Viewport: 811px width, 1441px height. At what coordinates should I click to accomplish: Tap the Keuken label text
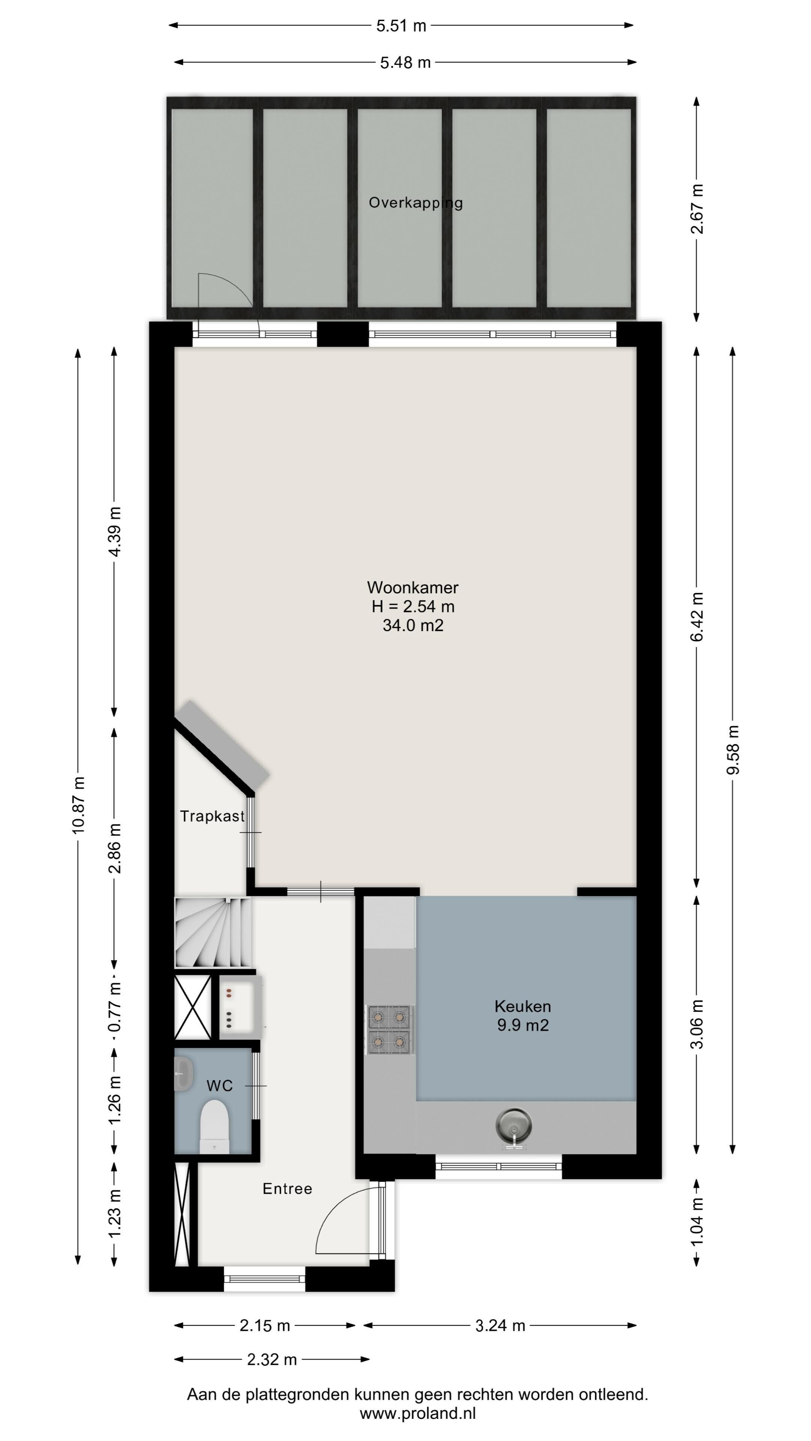523,1006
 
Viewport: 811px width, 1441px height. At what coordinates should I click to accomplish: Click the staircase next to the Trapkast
213,933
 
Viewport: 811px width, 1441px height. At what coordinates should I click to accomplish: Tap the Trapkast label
212,816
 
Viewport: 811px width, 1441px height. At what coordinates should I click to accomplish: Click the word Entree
287,1189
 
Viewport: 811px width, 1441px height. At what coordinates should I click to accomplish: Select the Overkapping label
415,203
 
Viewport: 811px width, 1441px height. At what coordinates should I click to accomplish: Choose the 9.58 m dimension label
733,750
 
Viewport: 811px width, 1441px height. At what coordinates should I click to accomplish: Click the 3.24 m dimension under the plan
500,1325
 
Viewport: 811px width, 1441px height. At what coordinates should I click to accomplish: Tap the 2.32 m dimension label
272,1359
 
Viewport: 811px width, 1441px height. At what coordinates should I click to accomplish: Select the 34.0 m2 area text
413,625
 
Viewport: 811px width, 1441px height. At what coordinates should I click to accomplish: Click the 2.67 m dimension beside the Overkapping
697,209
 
